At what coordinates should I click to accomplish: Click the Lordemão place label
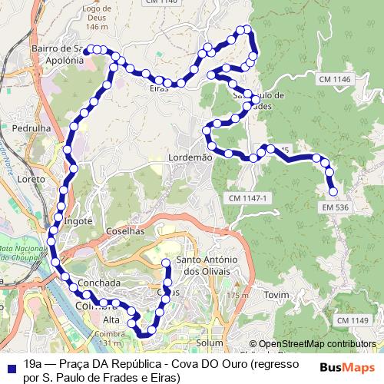(190, 157)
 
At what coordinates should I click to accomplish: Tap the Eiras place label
(159, 88)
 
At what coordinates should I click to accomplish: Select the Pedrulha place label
(31, 127)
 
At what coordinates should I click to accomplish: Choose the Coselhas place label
(127, 230)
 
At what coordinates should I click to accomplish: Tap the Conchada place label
(99, 283)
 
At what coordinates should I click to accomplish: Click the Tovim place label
(275, 295)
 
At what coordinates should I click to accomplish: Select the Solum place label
(209, 342)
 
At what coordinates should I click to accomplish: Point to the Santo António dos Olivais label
(205, 265)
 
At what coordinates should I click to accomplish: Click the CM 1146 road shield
(332, 80)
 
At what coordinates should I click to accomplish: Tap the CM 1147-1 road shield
(247, 198)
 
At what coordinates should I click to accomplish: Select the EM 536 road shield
(336, 207)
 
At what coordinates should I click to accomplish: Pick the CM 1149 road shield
(353, 320)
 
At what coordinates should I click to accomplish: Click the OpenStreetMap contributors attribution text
(317, 344)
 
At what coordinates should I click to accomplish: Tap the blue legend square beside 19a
(9, 366)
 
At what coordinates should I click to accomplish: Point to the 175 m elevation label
(238, 296)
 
